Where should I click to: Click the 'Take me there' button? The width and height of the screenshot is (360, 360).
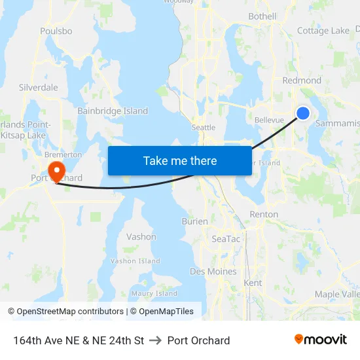coord(179,161)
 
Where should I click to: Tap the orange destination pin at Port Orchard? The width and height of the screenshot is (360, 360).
coord(57,170)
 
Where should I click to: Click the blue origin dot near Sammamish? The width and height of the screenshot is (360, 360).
coord(303,113)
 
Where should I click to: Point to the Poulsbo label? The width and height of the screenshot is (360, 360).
coord(56,31)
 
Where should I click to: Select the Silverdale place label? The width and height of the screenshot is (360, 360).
coord(39,87)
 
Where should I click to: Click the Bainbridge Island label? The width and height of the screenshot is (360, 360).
coord(113,111)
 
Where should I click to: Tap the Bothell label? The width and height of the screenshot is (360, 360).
coord(262,16)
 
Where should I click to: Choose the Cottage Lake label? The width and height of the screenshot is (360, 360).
coord(323,31)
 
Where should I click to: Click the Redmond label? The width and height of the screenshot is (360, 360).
coord(302,81)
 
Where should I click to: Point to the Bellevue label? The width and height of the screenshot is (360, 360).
coord(269,120)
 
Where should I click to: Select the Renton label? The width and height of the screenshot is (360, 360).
coord(264,214)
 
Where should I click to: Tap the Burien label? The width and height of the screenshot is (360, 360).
coord(194,222)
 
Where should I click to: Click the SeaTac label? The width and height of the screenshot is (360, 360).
coord(226,239)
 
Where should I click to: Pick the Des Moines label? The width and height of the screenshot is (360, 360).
coord(213,272)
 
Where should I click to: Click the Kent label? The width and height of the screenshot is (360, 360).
coord(253,283)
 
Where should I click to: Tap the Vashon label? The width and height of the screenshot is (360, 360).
coord(141,237)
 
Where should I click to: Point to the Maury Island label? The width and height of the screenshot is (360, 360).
coord(154,294)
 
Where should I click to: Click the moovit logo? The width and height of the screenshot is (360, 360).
coord(321,340)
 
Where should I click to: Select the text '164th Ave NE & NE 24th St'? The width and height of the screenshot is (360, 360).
coord(79,340)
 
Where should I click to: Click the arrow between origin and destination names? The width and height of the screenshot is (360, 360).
coord(156,340)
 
